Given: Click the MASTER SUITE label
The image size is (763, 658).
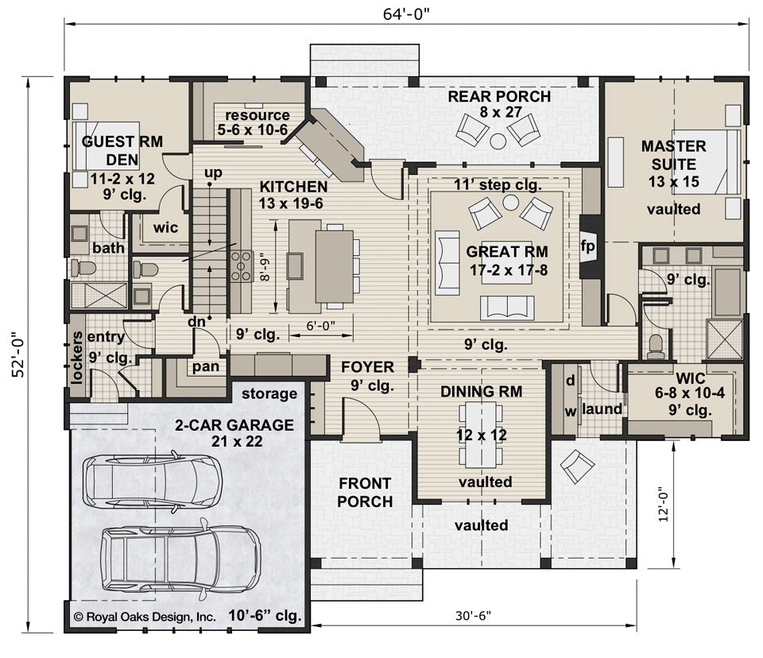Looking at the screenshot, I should point(674,155).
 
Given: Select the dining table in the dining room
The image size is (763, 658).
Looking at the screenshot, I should point(482,434).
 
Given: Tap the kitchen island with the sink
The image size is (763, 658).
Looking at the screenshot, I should point(302,266).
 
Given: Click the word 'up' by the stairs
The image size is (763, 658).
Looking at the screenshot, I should point(213,172).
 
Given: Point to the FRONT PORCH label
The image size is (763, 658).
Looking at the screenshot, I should point(365,493).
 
